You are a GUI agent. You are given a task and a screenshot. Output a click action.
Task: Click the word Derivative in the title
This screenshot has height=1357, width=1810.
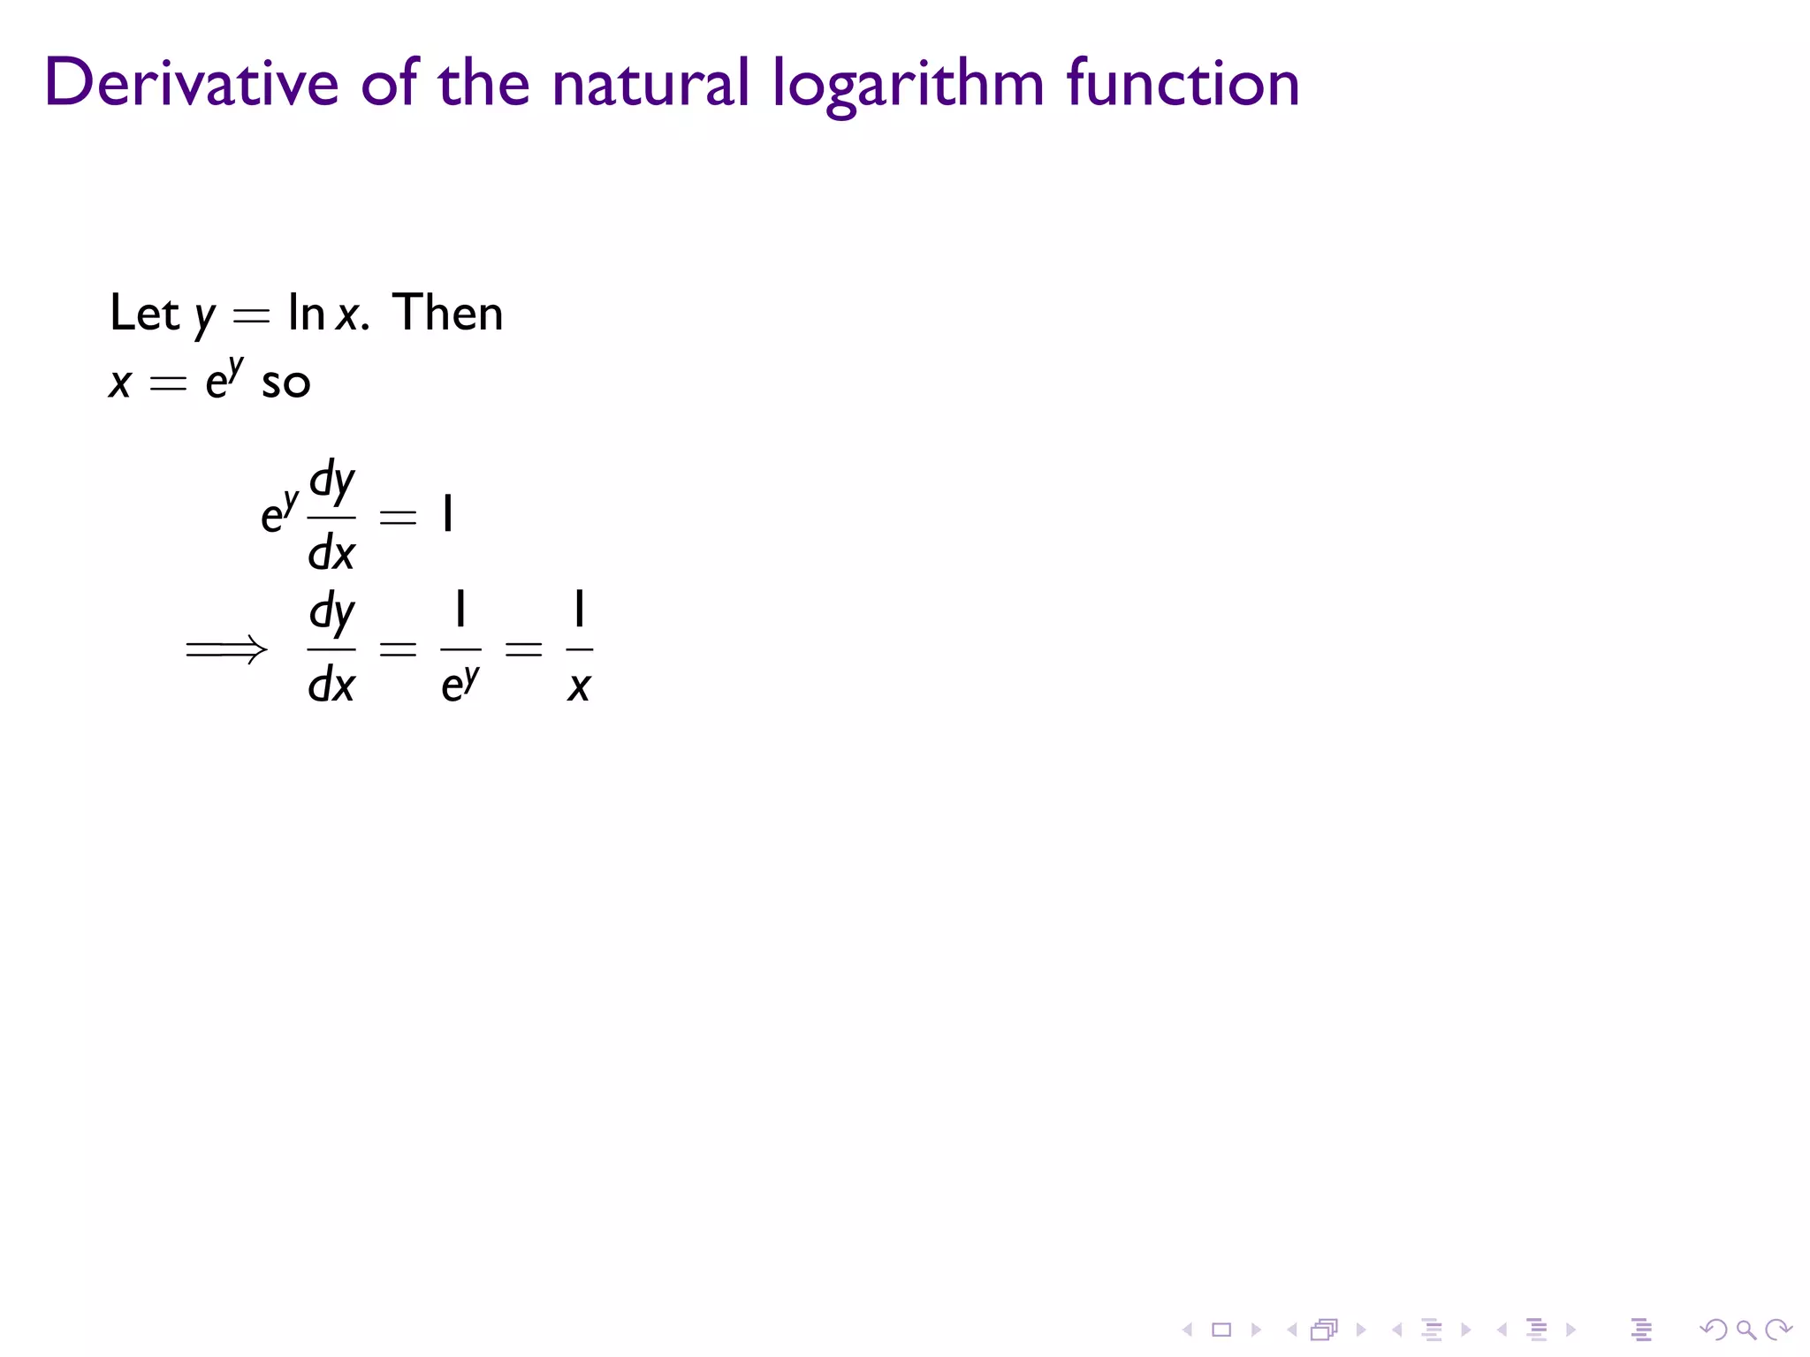[191, 83]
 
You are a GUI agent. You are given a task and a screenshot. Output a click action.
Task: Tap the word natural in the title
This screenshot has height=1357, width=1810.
[650, 83]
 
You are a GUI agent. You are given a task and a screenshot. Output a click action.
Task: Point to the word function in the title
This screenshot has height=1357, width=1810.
[1183, 83]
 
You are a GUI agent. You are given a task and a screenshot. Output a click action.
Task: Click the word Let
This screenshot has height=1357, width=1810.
[144, 313]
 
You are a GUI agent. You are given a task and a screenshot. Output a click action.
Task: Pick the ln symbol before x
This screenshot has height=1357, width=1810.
[306, 313]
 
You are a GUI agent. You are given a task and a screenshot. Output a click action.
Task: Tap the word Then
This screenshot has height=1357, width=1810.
[448, 313]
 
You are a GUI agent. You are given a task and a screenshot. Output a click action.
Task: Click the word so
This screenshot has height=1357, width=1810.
[285, 383]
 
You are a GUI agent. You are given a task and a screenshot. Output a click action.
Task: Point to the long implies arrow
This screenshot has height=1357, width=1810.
[226, 650]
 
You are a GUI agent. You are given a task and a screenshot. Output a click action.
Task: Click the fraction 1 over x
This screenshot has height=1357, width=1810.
[579, 648]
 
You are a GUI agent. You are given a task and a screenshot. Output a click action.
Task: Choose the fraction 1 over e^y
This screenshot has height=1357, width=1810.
[460, 648]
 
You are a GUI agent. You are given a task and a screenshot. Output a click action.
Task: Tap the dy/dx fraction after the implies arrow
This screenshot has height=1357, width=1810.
[331, 648]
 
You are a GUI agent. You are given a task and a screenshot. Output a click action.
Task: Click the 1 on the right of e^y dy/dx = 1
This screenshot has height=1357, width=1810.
[448, 514]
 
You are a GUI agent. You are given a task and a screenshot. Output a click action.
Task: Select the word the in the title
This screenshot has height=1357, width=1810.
[483, 83]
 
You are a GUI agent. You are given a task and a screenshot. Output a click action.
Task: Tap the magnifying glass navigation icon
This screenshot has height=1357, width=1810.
[1745, 1330]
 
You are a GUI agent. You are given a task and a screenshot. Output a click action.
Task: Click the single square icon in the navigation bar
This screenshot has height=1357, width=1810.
[1221, 1330]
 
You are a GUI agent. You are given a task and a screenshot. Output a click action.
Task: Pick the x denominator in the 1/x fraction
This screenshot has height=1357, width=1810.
[579, 686]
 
